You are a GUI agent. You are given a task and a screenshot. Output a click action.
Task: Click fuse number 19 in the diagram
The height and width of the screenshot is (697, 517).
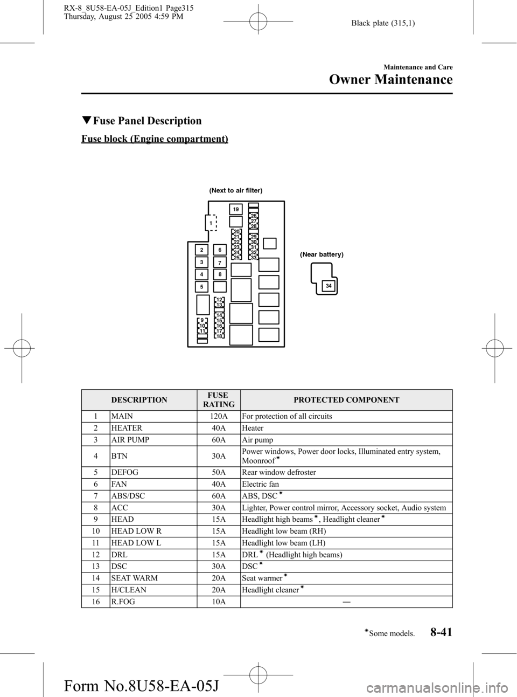pyautogui.click(x=235, y=209)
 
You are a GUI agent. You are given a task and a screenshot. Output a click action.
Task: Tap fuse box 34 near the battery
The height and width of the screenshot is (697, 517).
pyautogui.click(x=329, y=286)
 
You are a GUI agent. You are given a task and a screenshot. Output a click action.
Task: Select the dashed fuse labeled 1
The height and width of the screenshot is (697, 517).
pyautogui.click(x=211, y=223)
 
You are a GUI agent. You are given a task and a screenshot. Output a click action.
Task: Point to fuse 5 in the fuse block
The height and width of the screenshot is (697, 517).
pyautogui.click(x=200, y=286)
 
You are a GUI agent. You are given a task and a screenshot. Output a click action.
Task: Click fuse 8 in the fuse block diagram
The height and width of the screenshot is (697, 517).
pyautogui.click(x=220, y=274)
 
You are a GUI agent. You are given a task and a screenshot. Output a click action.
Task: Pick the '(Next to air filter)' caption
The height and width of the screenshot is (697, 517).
pyautogui.click(x=235, y=191)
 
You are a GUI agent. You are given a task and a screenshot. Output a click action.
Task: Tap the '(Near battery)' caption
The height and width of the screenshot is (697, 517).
pyautogui.click(x=322, y=254)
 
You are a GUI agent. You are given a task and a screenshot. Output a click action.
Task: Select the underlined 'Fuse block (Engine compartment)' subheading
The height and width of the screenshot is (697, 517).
pyautogui.click(x=155, y=139)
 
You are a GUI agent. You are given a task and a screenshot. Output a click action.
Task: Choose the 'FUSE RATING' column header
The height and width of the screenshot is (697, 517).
pyautogui.click(x=220, y=400)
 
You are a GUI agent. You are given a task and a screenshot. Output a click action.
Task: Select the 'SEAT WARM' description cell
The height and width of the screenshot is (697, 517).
pyautogui.click(x=135, y=578)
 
